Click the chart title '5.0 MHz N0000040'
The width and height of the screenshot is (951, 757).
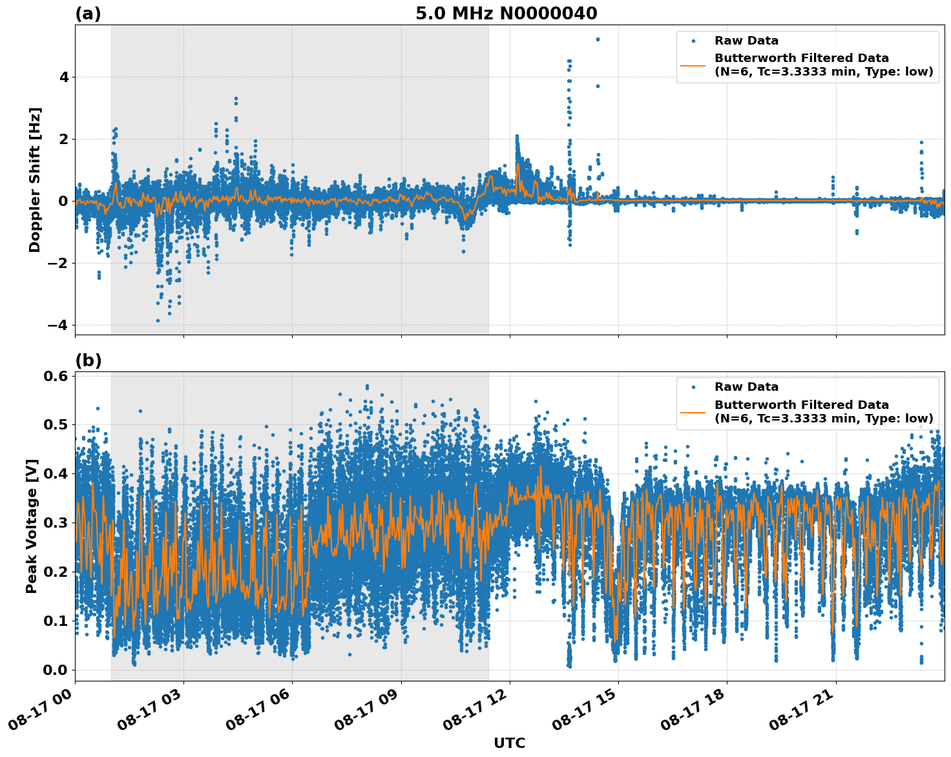pyautogui.click(x=506, y=14)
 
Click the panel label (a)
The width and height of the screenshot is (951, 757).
pyautogui.click(x=88, y=14)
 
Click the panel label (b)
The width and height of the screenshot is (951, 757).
pyautogui.click(x=89, y=360)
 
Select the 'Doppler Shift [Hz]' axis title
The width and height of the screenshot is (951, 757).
pyautogui.click(x=35, y=180)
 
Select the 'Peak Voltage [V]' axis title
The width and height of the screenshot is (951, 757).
pyautogui.click(x=32, y=526)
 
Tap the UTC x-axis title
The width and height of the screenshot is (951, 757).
pyautogui.click(x=509, y=743)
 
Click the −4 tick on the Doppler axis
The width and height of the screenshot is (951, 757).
pyautogui.click(x=57, y=325)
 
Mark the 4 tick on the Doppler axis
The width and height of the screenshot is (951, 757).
pyautogui.click(x=64, y=77)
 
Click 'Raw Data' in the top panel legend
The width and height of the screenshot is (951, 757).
pyautogui.click(x=746, y=41)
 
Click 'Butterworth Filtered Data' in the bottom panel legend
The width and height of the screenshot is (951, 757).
pyautogui.click(x=801, y=405)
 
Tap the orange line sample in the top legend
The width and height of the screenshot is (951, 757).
pyautogui.click(x=693, y=65)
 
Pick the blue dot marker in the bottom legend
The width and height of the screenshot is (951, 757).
pyautogui.click(x=693, y=387)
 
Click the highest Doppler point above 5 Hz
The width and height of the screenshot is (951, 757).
pyautogui.click(x=598, y=39)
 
